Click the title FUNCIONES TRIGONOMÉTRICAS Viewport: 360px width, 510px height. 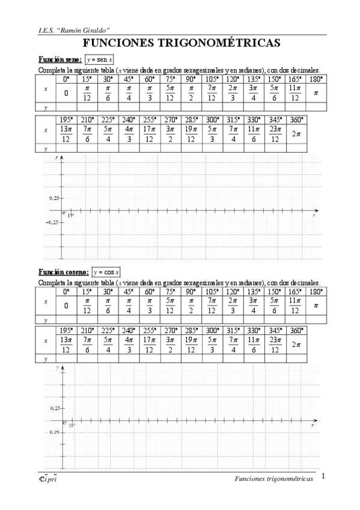point(180,43)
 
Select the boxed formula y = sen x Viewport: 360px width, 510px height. point(99,60)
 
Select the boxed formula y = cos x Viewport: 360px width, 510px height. point(106,272)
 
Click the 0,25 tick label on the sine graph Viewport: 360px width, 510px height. point(55,197)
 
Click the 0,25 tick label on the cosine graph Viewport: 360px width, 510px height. point(55,408)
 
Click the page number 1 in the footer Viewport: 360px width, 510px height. point(323,477)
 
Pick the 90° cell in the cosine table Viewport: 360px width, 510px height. point(191,292)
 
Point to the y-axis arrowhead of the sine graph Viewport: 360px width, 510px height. point(63,157)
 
